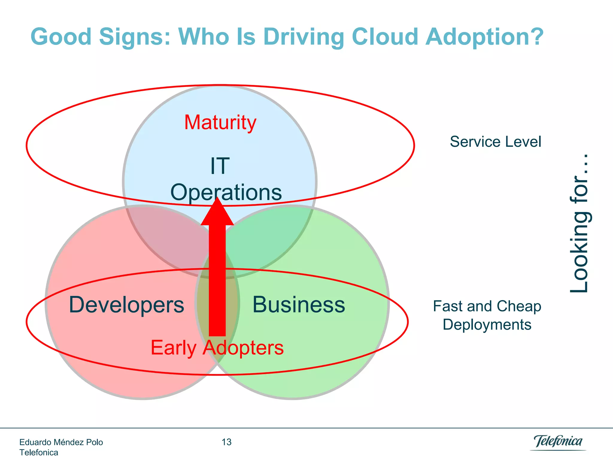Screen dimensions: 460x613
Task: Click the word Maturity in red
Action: (x=220, y=122)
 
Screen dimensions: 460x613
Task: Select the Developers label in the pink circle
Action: (x=126, y=305)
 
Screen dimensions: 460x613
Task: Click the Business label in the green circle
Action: (x=298, y=305)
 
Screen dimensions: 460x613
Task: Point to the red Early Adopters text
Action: (x=217, y=348)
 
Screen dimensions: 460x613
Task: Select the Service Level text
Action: (x=495, y=142)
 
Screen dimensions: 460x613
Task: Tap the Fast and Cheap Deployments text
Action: (x=487, y=315)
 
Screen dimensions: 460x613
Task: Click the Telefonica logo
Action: (x=558, y=442)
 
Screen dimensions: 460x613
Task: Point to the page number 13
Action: (x=227, y=442)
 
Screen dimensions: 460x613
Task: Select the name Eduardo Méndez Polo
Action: (x=61, y=442)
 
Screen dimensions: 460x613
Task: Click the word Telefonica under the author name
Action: (x=39, y=452)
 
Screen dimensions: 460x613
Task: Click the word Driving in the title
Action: (x=304, y=37)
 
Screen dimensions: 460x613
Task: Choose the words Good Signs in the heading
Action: (x=101, y=37)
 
